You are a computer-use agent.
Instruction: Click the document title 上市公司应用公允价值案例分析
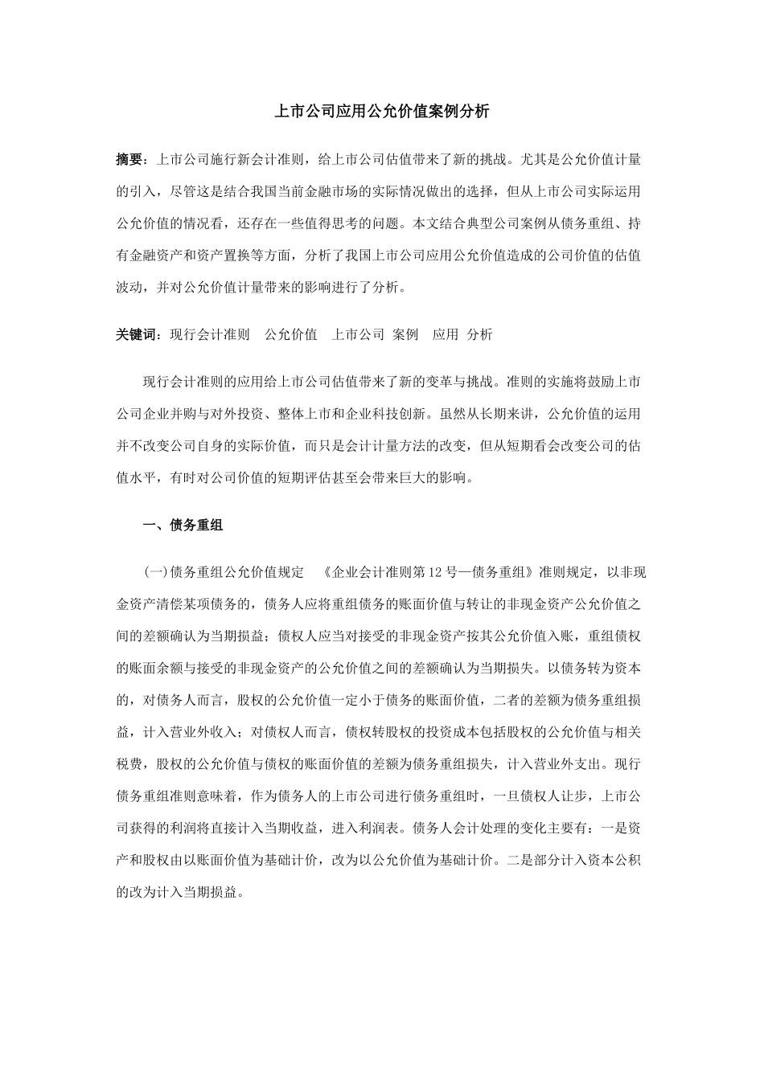[x=382, y=112]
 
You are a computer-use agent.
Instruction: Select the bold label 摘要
[x=129, y=159]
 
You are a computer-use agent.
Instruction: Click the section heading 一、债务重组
[x=183, y=526]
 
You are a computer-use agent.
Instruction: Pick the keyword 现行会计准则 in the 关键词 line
[x=210, y=334]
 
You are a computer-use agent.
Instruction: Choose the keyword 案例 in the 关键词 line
[x=405, y=334]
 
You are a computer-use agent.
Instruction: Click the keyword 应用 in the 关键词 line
[x=445, y=334]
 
